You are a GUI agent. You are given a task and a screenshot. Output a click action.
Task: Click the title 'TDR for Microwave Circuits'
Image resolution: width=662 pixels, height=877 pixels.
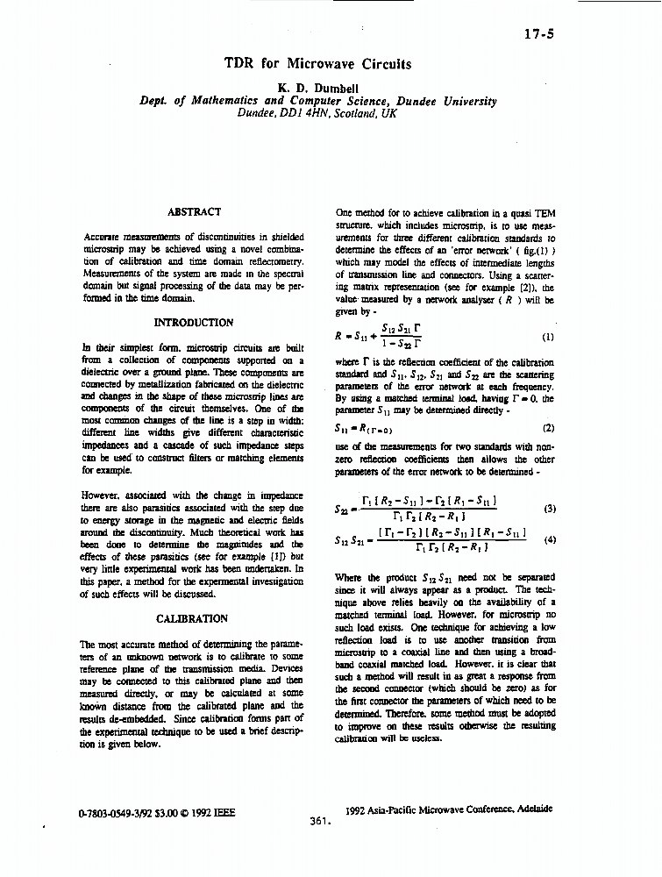coord(317,63)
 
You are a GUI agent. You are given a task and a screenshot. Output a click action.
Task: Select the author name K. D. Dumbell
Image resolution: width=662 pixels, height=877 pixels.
coord(317,88)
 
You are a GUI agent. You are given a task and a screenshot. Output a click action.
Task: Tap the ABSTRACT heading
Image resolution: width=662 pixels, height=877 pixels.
coord(194,211)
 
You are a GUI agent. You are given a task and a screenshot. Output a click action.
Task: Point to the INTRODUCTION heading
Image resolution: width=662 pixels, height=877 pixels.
coord(194,323)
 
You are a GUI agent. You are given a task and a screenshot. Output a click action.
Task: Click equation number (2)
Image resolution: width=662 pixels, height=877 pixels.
coord(549,428)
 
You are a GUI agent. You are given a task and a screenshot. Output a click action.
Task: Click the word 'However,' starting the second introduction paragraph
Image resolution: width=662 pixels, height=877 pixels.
coord(104,495)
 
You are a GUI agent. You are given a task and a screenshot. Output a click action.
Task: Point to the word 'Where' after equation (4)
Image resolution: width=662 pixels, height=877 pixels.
coord(351,578)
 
